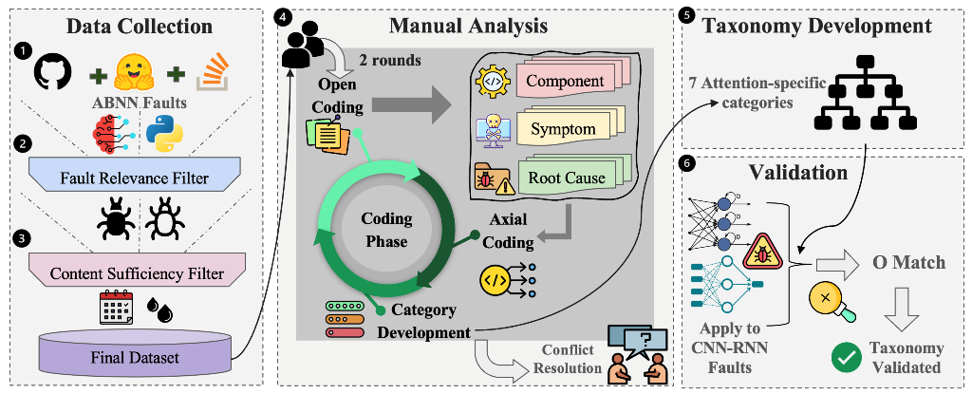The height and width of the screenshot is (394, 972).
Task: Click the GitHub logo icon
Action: (52, 72)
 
